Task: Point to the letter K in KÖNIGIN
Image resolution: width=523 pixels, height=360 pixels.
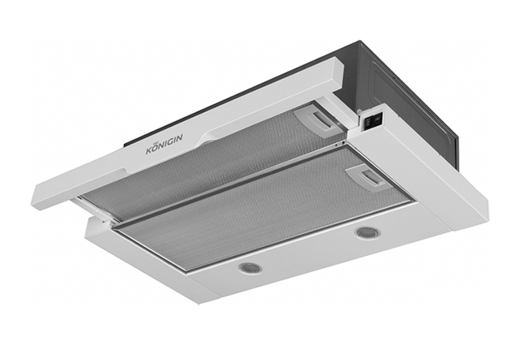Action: pyautogui.click(x=150, y=150)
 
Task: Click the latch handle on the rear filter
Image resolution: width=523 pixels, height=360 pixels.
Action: pyautogui.click(x=319, y=120)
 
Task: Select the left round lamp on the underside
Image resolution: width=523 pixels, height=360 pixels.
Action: pyautogui.click(x=249, y=267)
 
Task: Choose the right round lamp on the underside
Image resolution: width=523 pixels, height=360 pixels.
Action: pyautogui.click(x=367, y=232)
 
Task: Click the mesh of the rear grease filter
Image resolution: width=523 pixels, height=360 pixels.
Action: pyautogui.click(x=213, y=167)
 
